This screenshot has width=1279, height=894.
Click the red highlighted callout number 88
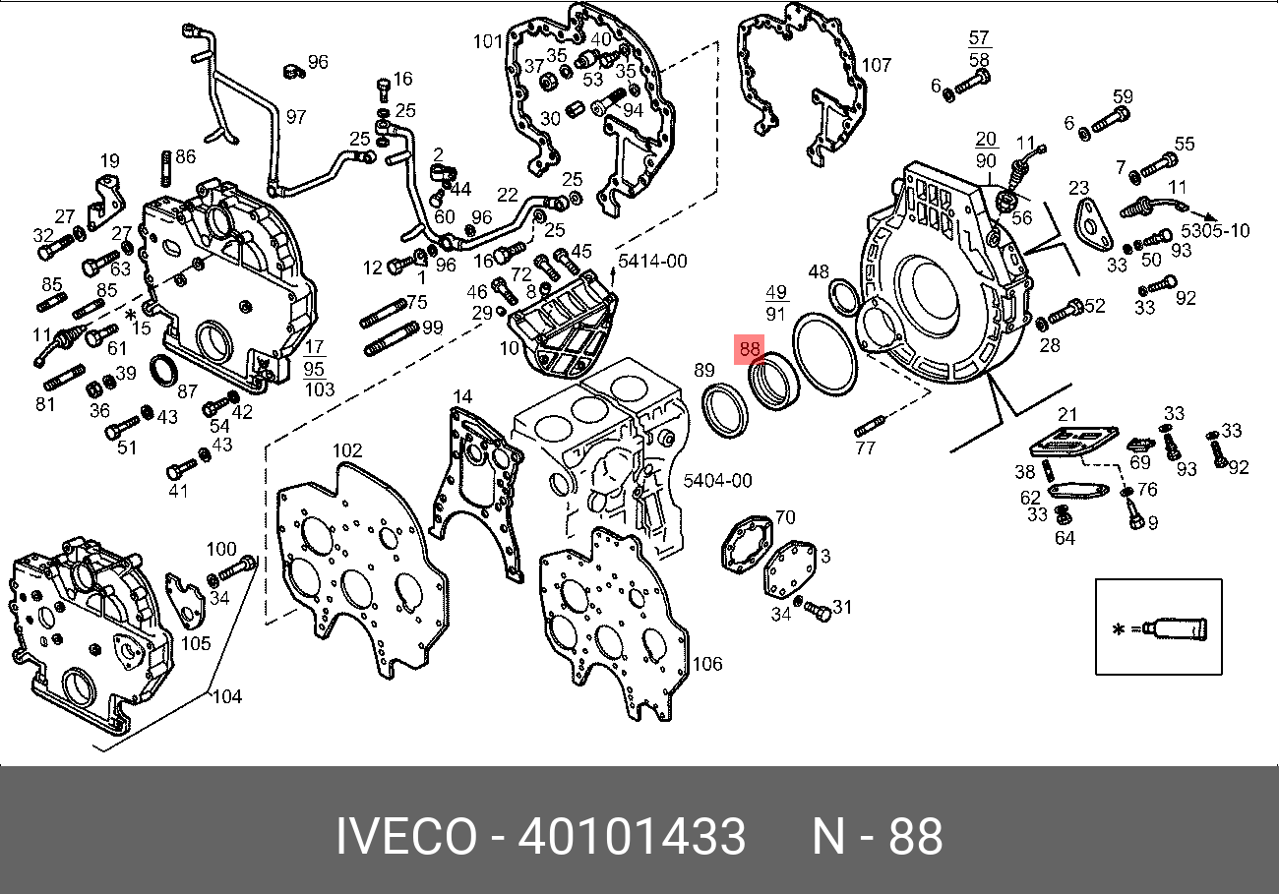click(749, 349)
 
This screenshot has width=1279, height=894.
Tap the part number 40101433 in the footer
click(632, 836)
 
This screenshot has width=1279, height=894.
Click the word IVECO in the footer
click(406, 836)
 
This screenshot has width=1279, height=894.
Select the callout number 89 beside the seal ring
click(704, 370)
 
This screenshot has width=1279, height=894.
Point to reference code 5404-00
click(718, 480)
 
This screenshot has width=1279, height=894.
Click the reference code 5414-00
click(652, 261)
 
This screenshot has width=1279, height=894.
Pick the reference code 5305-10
click(1215, 231)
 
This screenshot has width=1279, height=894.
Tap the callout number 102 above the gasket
click(347, 450)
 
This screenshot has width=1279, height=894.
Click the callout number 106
click(707, 663)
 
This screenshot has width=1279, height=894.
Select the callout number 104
click(227, 696)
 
